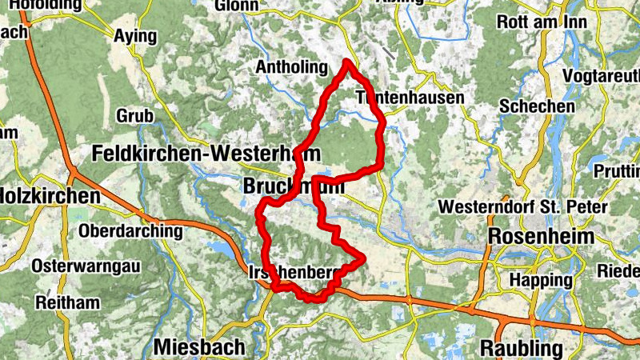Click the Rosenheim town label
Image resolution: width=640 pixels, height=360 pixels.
click(542, 237)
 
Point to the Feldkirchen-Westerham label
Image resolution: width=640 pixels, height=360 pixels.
click(206, 153)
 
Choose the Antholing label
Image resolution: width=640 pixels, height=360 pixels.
click(292, 68)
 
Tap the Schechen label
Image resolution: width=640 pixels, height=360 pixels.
click(537, 106)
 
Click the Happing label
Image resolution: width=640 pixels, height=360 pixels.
click(542, 281)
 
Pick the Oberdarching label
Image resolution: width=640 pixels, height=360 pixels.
click(131, 230)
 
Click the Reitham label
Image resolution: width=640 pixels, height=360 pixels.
click(68, 303)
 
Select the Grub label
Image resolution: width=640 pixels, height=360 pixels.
click(134, 116)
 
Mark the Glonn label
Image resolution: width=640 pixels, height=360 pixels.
click(237, 6)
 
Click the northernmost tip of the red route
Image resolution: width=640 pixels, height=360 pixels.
click(348, 62)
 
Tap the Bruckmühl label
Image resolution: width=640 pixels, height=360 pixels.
click(293, 186)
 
